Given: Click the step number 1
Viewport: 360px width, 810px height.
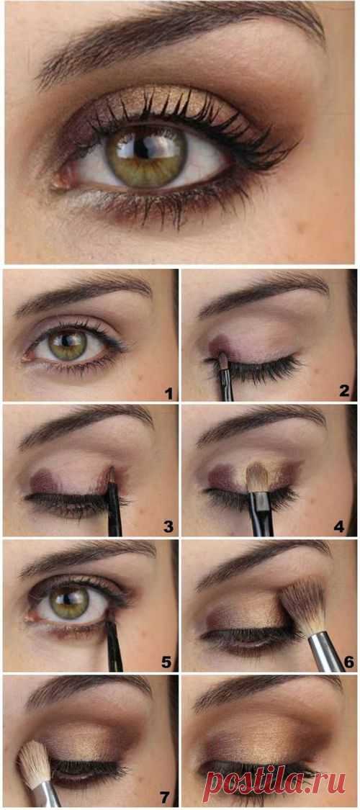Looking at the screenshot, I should [x=168, y=392].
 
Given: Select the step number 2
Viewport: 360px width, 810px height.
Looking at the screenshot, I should [x=344, y=391].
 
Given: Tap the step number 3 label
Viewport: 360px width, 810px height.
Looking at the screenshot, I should [x=168, y=527].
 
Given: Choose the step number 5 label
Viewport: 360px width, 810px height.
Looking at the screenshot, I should [x=166, y=662].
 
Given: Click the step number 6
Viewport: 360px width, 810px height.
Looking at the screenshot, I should [x=349, y=662].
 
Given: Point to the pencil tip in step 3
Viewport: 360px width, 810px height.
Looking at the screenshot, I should [x=111, y=475].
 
